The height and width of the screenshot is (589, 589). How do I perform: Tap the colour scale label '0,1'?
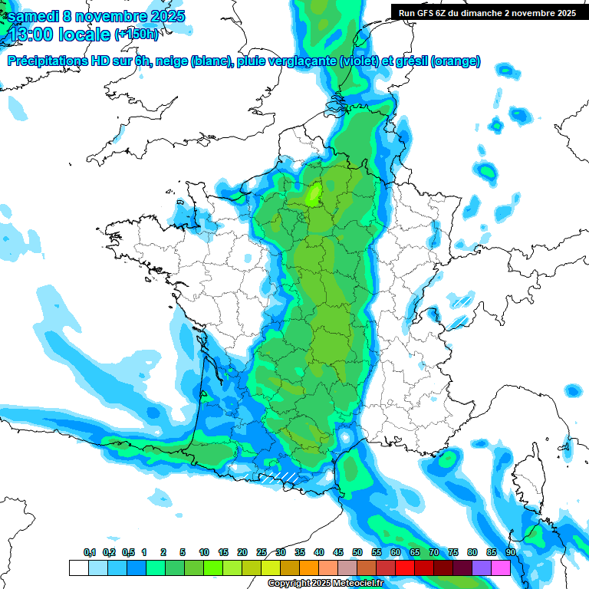[90, 552]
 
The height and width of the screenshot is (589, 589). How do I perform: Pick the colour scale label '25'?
[262, 552]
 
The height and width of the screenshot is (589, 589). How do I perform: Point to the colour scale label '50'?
[357, 552]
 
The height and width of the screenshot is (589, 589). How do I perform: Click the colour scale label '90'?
[510, 552]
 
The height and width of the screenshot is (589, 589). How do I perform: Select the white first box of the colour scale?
[78, 568]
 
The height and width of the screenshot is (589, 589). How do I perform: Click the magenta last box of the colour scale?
[501, 568]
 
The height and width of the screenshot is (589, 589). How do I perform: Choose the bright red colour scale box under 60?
[405, 568]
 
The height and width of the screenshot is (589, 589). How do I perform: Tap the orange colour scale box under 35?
[309, 568]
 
